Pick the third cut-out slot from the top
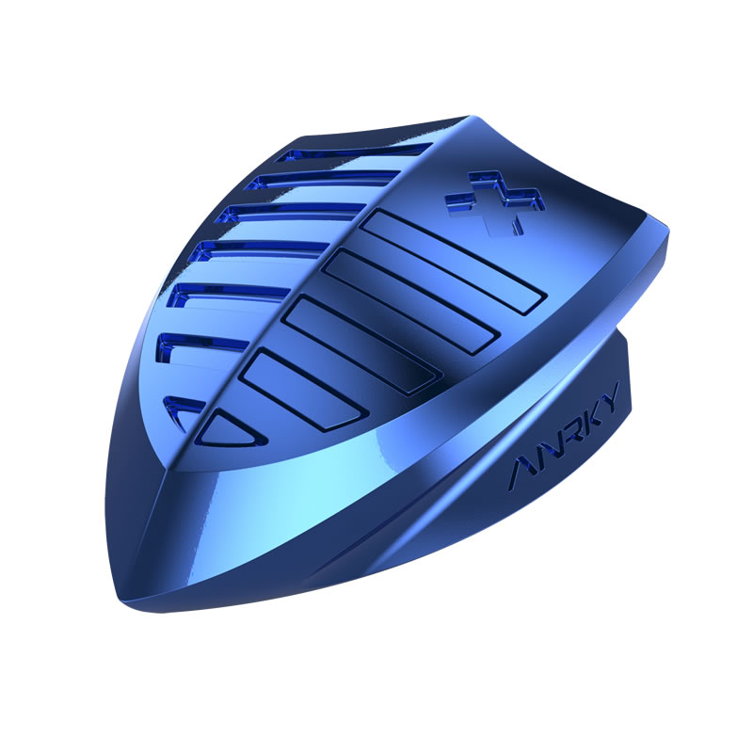tap(291, 212)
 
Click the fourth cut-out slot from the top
tap(262, 248)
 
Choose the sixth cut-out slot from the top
tap(201, 345)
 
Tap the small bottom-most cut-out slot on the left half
tap(184, 409)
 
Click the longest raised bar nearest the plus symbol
tap(454, 262)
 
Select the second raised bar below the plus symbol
tap(409, 302)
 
